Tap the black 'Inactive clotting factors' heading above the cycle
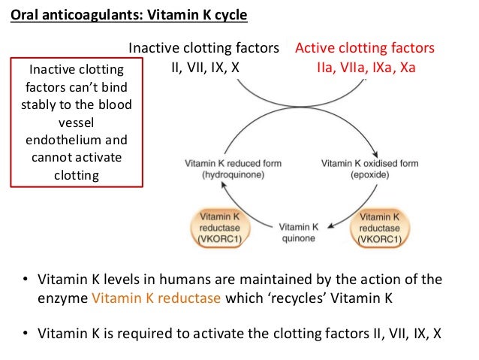pyautogui.click(x=204, y=49)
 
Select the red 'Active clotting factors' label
pyautogui.click(x=365, y=49)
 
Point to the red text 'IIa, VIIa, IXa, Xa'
pyautogui.click(x=365, y=67)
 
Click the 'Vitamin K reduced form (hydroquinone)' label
pyautogui.click(x=224, y=168)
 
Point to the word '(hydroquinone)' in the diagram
pyautogui.click(x=224, y=174)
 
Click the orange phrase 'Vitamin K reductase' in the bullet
pyautogui.click(x=156, y=297)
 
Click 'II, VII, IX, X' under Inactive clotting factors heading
pyautogui.click(x=205, y=67)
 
